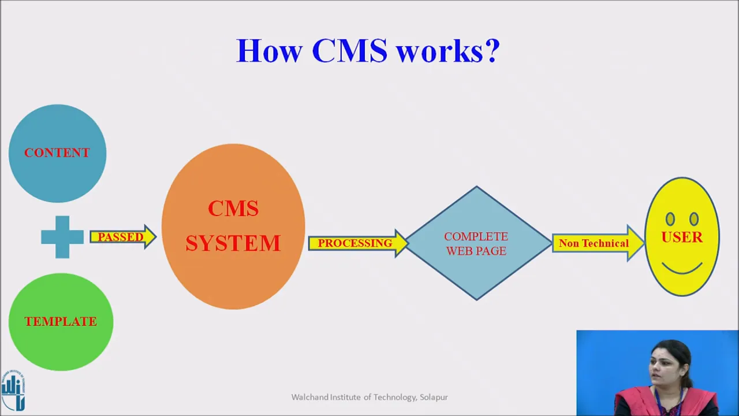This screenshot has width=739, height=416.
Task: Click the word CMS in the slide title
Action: click(349, 50)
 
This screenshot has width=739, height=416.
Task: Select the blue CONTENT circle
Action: click(57, 153)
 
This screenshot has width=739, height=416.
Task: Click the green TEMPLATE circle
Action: click(61, 322)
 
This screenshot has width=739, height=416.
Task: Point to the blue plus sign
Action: click(62, 237)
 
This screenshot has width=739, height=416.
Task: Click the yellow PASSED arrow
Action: click(123, 237)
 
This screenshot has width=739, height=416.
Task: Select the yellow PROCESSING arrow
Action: click(359, 243)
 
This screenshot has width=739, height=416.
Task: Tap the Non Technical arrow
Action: click(598, 243)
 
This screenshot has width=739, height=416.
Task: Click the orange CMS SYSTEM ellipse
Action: click(233, 226)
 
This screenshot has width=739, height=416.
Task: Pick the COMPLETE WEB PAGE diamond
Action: click(477, 243)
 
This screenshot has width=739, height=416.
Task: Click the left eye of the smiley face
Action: click(670, 219)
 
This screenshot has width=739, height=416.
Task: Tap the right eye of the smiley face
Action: click(694, 219)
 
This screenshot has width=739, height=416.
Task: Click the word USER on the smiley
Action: click(682, 237)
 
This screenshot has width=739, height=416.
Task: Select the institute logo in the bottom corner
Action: click(13, 390)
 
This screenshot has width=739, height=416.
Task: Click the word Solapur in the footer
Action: click(434, 397)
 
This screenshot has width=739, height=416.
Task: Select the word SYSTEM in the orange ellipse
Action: click(233, 243)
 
